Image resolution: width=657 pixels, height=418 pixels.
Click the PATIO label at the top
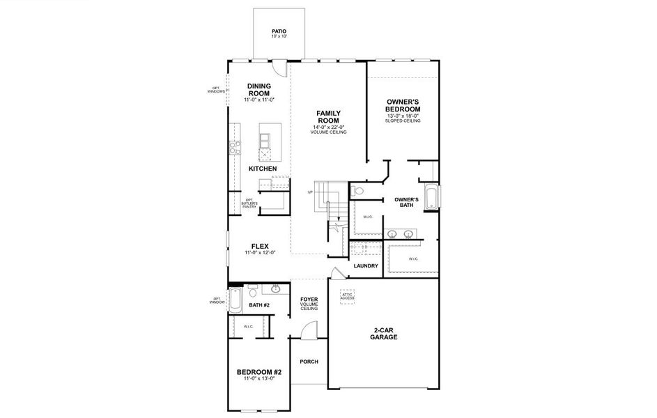[x=279, y=31]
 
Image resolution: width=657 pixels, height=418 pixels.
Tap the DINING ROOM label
[x=258, y=90]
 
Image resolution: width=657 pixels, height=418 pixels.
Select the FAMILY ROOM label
[x=328, y=116]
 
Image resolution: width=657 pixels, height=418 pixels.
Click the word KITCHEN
[x=263, y=169]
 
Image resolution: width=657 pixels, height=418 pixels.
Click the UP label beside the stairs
[x=310, y=192]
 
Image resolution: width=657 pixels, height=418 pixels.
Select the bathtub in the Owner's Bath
[x=431, y=196]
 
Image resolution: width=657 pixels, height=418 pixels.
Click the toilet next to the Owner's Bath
[x=358, y=191]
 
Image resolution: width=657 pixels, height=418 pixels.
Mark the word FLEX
[x=260, y=246]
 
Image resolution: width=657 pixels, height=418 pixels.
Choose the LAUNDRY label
[x=366, y=266]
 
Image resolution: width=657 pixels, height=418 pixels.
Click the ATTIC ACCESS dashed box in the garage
[x=347, y=295]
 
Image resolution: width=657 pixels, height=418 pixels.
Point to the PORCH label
[x=309, y=362]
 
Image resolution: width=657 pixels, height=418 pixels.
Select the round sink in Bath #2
[x=276, y=288]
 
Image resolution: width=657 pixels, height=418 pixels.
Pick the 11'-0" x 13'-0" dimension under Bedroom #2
[x=258, y=378]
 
